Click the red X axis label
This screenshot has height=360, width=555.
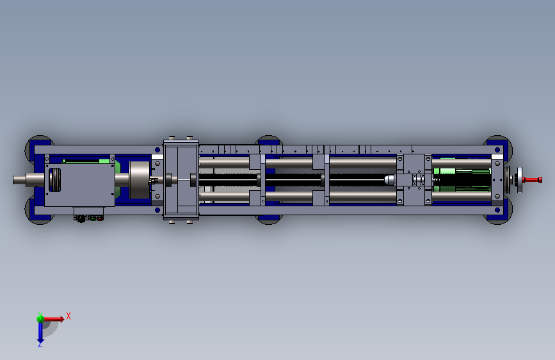(68, 316)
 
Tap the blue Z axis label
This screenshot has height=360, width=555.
(40, 344)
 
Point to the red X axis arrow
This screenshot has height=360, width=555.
(54, 319)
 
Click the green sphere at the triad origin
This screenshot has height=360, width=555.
(40, 318)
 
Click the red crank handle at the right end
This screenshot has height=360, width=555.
(532, 180)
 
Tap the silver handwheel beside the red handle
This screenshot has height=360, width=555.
(519, 180)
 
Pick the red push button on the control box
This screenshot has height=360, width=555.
(100, 218)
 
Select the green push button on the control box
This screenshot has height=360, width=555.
(93, 218)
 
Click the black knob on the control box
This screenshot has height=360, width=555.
(81, 219)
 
